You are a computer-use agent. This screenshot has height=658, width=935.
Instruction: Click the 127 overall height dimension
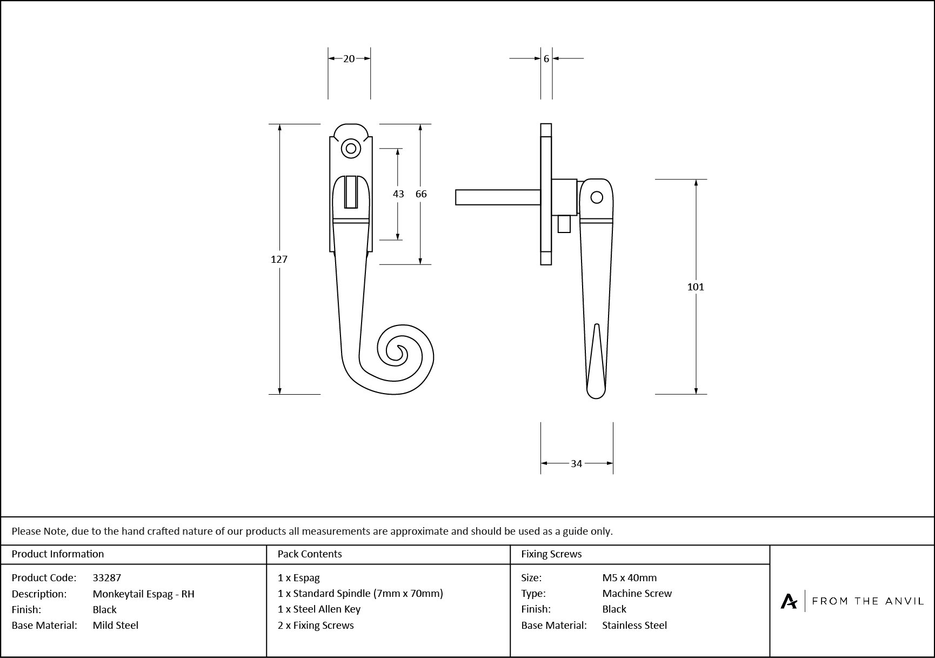pos(279,260)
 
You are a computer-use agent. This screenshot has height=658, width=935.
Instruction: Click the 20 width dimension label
pos(349,58)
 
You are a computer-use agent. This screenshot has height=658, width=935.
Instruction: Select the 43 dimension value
pos(398,194)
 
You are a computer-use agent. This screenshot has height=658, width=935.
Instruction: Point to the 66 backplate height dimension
pos(421,194)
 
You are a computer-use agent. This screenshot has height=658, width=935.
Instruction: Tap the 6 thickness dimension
pos(546,58)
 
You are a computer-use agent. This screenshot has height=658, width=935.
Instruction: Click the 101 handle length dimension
pos(696,287)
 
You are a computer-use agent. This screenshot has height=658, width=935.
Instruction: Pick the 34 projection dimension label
pos(576,463)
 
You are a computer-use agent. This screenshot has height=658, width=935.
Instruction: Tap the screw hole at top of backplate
pos(351,148)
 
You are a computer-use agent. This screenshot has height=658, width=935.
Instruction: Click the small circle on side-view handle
pos(597,197)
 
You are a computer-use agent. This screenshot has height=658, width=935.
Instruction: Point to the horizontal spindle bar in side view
pos(497,197)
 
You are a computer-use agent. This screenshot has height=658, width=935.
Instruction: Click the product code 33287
pos(107,577)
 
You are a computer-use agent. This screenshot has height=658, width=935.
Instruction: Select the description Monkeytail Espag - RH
pos(143,594)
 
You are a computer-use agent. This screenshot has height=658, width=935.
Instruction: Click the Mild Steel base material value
pos(115,625)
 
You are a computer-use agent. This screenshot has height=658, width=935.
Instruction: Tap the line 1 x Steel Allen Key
pos(319,609)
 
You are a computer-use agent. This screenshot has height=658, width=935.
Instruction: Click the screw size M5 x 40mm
pos(629,577)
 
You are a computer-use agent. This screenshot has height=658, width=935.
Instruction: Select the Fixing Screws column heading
pos(551,554)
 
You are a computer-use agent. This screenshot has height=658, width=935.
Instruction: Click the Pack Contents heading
pos(309,554)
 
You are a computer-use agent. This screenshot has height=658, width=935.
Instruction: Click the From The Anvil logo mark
pos(789,601)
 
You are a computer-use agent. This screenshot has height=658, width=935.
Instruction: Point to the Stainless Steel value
pos(635,625)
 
